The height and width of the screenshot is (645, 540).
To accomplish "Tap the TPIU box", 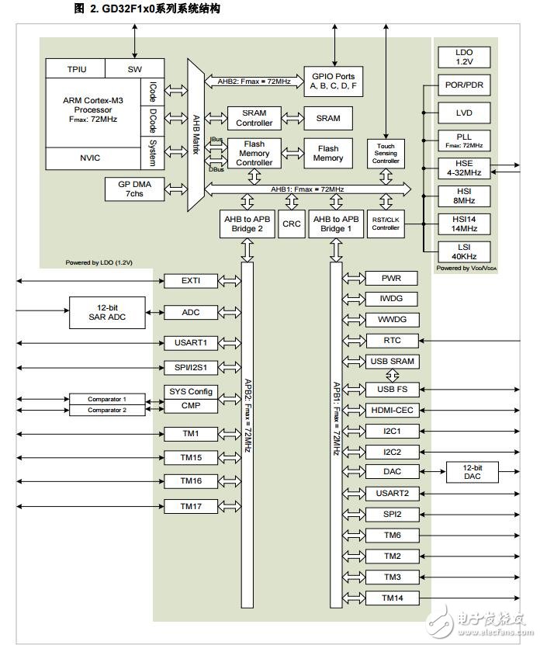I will coord(76,69).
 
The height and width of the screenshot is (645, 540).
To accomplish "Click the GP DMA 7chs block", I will coord(134,188).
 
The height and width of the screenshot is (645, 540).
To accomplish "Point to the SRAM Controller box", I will coord(254,118).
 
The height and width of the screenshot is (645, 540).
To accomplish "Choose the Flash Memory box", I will coord(327,153).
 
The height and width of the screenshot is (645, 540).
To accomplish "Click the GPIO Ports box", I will coord(334,81).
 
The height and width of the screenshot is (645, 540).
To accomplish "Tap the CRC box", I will coord(292,224).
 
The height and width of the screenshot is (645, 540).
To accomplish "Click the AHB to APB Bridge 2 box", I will coord(248,224).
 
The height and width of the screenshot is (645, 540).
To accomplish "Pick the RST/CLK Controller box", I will coord(386,224).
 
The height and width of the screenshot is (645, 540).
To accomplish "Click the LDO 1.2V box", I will coord(464,57).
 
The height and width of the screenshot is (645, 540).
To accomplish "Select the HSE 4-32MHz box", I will coord(464,168).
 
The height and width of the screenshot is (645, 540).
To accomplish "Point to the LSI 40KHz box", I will coord(464,251).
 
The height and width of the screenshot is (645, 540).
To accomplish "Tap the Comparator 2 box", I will coord(106,410).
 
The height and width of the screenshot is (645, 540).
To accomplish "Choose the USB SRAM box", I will coord(392,362).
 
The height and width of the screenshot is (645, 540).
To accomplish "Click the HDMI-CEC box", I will coord(392,409).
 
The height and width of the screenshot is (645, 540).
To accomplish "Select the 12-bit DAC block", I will coord(472,471).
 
